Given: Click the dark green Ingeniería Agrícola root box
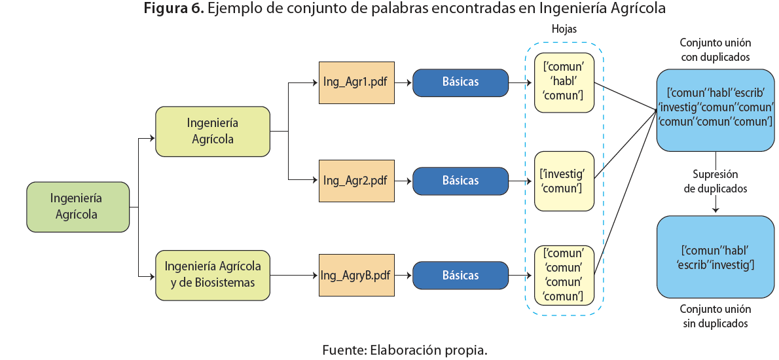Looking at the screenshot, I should tap(78, 207).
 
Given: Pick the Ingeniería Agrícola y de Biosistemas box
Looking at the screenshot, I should tap(213, 275).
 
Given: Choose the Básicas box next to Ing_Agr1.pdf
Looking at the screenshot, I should tap(460, 82).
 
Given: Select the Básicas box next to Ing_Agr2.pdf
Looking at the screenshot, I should tap(460, 181).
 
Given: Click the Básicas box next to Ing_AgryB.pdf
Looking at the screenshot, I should tap(460, 276).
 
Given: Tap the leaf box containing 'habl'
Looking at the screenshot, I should tap(564, 82).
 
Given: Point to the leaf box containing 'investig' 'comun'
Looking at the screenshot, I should tap(564, 181).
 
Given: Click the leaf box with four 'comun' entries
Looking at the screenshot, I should tap(564, 275).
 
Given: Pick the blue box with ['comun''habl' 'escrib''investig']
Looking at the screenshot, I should tap(716, 257).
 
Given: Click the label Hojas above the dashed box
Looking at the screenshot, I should tap(564, 29).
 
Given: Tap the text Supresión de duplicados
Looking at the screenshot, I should tap(716, 181).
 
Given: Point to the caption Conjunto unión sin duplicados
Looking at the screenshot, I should tap(716, 316).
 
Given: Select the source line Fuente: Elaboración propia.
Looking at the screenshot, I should tap(405, 350).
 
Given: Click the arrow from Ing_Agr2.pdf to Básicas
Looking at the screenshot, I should tap(403, 181).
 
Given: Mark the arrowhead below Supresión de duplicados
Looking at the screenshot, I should tap(716, 209).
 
